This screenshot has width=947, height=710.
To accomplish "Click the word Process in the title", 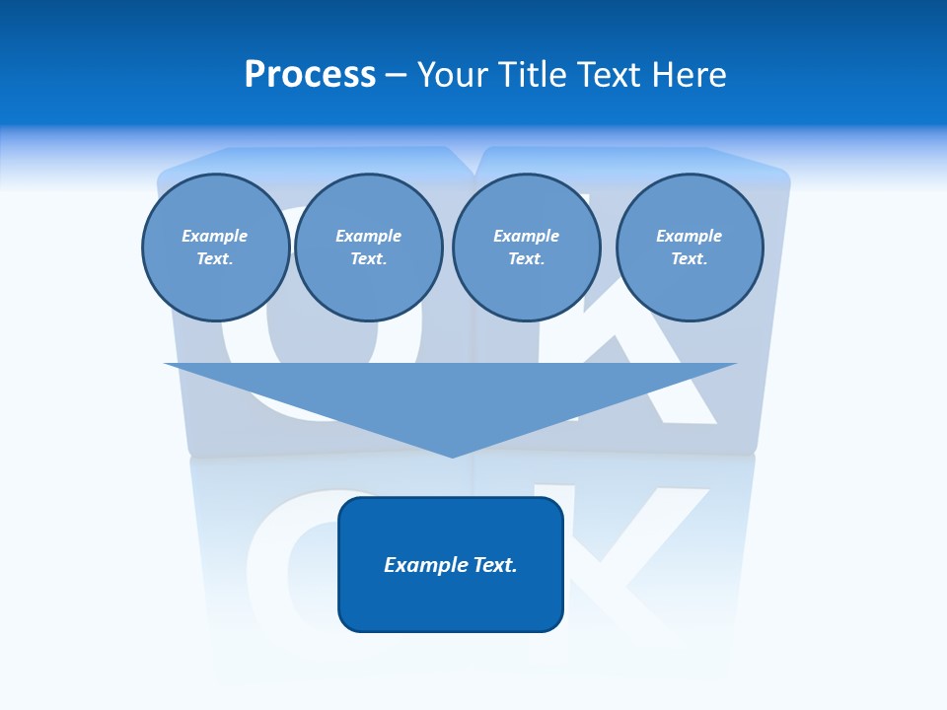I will [x=310, y=75].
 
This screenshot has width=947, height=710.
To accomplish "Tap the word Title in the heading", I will [x=534, y=75].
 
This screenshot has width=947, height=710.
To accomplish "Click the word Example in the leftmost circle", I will [x=215, y=236].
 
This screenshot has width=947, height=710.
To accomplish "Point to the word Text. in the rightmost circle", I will [x=690, y=258].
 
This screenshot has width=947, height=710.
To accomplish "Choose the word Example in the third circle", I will [x=527, y=236].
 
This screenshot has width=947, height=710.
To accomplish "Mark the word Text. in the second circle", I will [x=369, y=258].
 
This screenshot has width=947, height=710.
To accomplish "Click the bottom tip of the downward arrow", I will [x=452, y=455].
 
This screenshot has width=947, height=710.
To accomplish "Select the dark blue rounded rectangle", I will [x=451, y=602].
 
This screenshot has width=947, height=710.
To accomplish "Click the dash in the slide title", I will [x=397, y=76].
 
